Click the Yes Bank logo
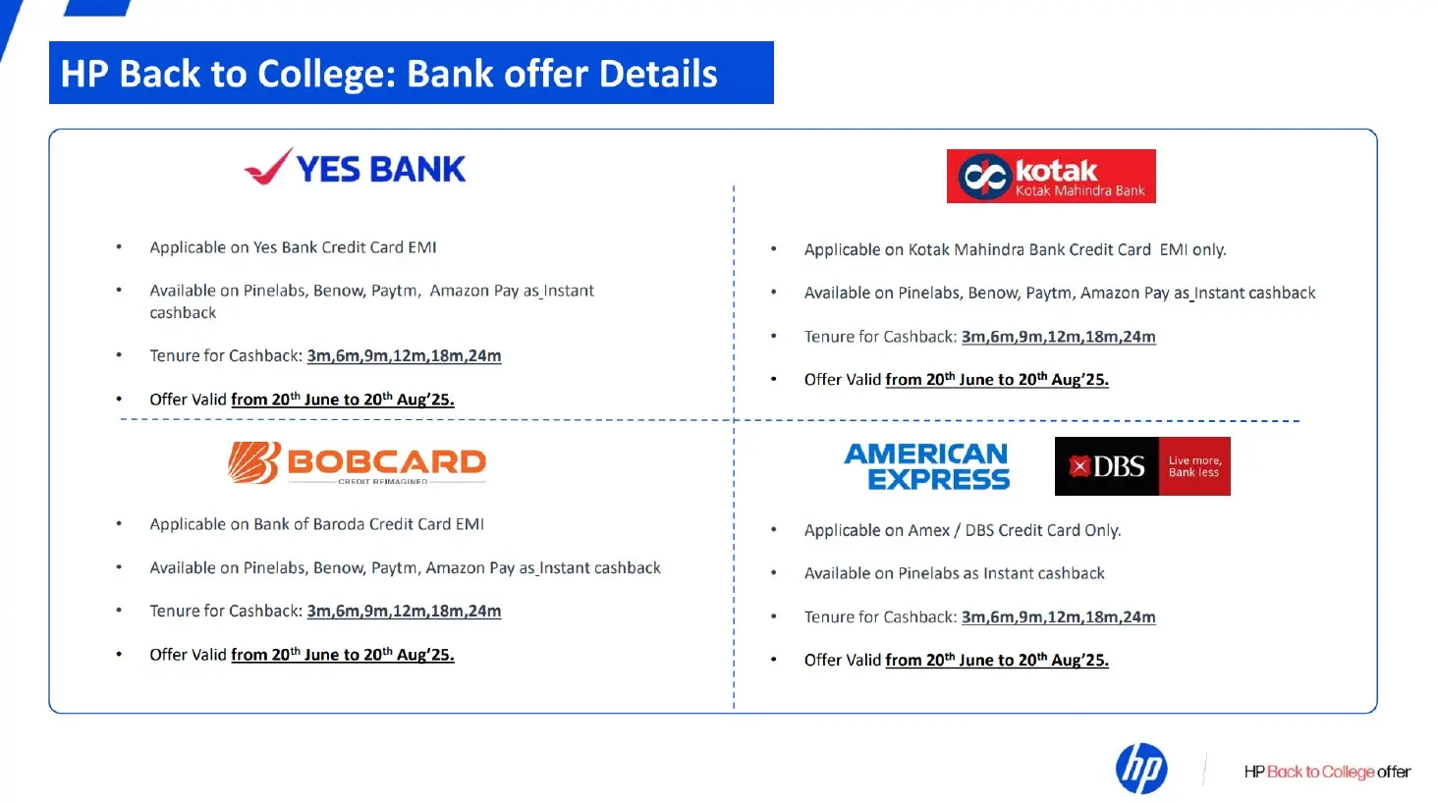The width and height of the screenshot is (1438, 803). coord(355,167)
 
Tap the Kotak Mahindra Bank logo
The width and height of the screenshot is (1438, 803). coord(1051,177)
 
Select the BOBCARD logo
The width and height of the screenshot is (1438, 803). coord(357,462)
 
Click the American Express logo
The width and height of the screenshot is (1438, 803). coord(926,466)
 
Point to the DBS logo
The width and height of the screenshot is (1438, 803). coord(1142,466)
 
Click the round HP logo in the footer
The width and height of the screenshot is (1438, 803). coord(1140,769)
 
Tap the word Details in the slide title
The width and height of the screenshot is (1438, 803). coord(658,73)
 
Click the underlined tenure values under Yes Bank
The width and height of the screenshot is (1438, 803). coord(404,356)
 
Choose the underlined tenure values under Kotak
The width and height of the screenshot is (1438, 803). coord(1058,338)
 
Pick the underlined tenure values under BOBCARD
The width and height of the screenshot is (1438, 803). coord(404,612)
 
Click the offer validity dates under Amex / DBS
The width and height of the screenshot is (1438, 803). coord(997,660)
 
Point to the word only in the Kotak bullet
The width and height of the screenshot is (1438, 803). coord(1209,250)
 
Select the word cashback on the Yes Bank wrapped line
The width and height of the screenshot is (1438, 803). coord(183,313)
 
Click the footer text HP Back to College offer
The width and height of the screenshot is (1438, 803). coord(1327,772)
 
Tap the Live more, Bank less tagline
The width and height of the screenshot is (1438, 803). coord(1194,466)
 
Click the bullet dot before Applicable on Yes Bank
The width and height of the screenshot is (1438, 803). coord(119,247)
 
